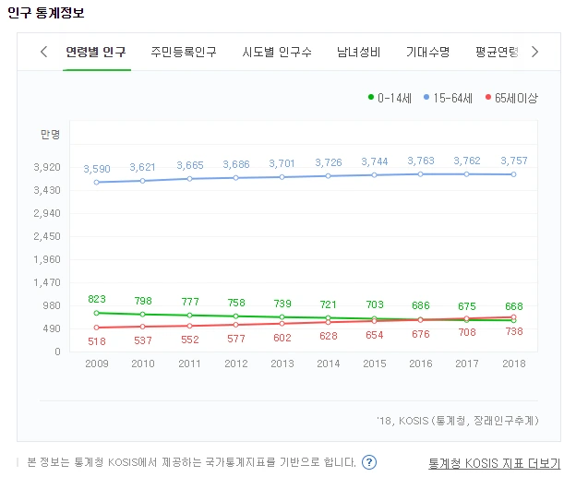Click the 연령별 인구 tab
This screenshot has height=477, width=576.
96,52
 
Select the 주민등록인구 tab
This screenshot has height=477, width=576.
184,52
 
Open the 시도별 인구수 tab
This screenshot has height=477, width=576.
277,52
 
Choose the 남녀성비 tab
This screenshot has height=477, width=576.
358,52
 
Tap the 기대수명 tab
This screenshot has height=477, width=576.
427,52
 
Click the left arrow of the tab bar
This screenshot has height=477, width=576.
43,52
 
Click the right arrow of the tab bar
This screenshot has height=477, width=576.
535,52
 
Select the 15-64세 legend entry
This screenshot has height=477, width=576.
452,97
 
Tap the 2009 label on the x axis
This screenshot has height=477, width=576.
97,364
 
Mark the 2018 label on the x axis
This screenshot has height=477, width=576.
514,364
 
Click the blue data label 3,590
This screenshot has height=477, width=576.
97,169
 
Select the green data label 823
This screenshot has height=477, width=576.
97,299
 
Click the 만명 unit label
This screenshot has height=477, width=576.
50,135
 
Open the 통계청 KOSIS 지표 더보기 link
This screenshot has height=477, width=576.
494,463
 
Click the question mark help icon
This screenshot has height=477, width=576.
369,462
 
